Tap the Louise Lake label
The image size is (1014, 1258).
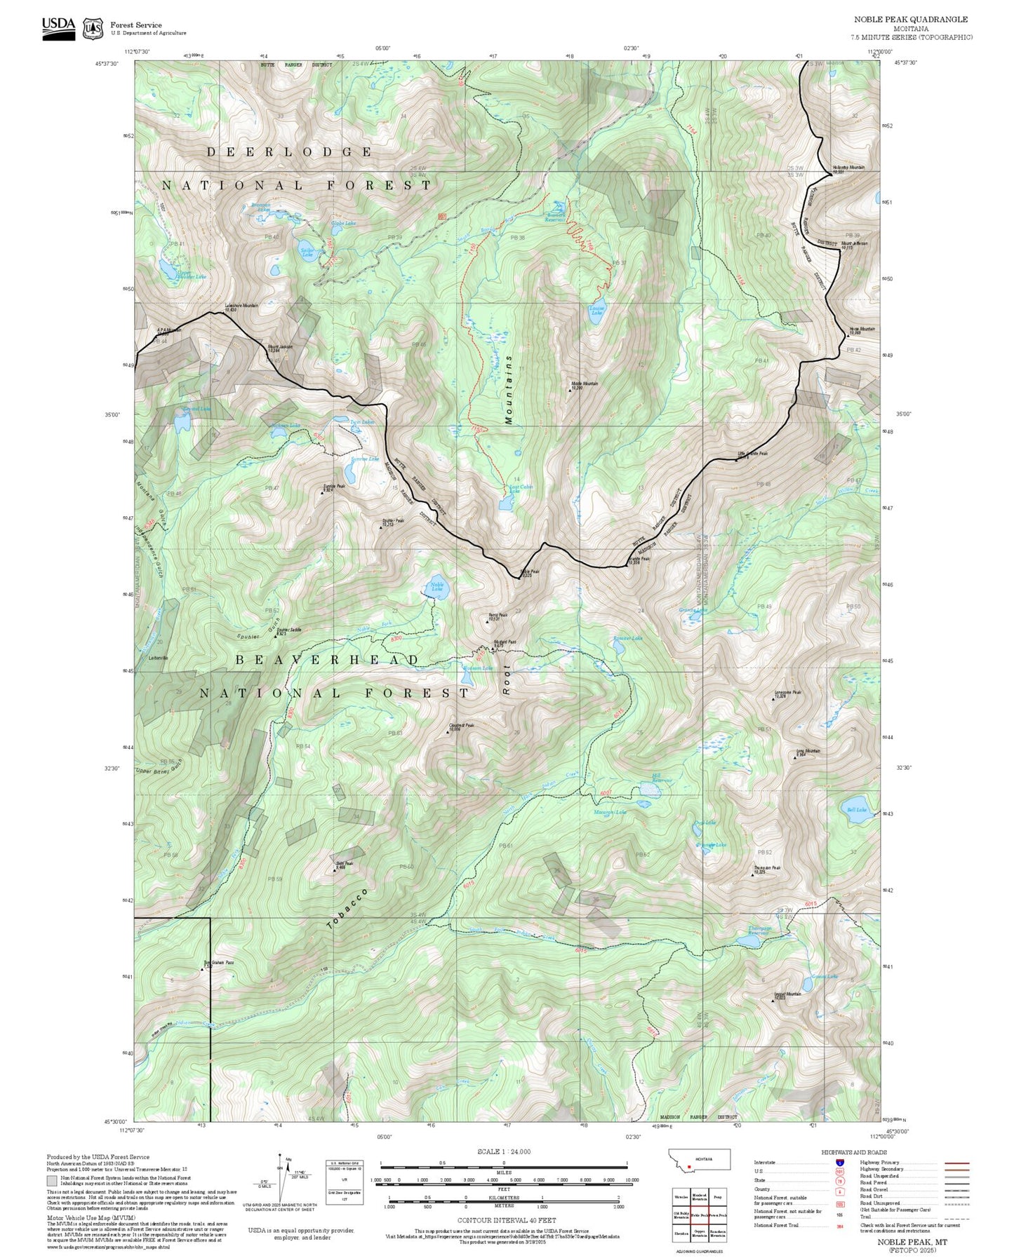(596, 309)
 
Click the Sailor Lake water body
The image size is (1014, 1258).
(307, 253)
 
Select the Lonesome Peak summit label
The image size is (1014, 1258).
(787, 693)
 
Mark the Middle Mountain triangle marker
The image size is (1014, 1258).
(570, 390)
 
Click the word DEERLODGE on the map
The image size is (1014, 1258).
(289, 152)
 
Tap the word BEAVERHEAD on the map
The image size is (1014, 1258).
(327, 661)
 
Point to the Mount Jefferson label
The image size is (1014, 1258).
(854, 245)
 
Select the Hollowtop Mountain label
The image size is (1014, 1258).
(848, 168)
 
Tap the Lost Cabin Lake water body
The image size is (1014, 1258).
(505, 503)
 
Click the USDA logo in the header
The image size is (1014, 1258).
(58, 27)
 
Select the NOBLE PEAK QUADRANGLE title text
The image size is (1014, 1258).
(910, 20)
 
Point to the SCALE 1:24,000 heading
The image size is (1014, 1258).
(504, 1151)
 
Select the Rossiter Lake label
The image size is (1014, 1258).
(627, 639)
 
